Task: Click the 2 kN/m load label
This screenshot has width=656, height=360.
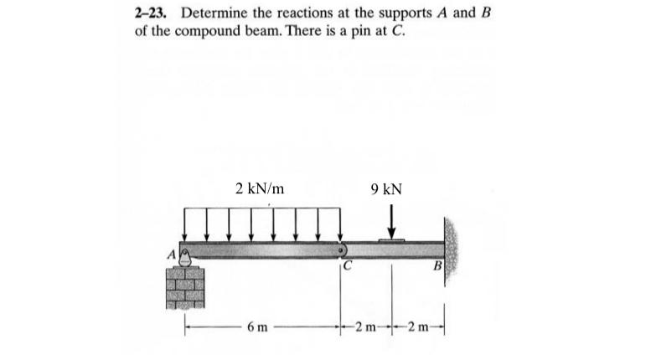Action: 260,188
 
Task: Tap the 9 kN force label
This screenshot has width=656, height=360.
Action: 385,189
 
